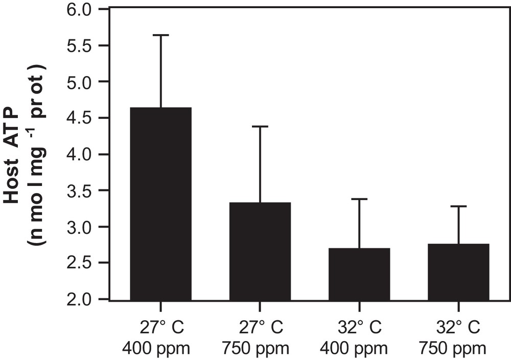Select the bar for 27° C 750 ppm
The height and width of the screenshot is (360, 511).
[x=260, y=250]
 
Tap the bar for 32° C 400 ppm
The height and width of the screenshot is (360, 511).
[x=359, y=273]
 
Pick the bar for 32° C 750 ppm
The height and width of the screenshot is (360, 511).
[x=458, y=271]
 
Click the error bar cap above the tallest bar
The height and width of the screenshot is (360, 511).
[x=161, y=35]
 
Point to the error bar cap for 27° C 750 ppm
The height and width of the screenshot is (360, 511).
[x=260, y=126]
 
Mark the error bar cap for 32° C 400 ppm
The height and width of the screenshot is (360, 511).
[x=359, y=199]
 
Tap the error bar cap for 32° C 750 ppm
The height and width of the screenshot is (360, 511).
[x=458, y=206]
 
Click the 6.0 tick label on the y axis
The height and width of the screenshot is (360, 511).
[x=84, y=9]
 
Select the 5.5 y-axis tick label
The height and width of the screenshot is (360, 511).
[x=84, y=45]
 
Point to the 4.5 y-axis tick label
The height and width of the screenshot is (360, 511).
[x=84, y=118]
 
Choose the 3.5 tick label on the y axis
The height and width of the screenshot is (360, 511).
[x=84, y=190]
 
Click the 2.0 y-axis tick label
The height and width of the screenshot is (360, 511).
[x=84, y=299]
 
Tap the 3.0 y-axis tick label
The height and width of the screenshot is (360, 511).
[x=84, y=227]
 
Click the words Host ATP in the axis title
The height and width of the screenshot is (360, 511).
[x=14, y=153]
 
